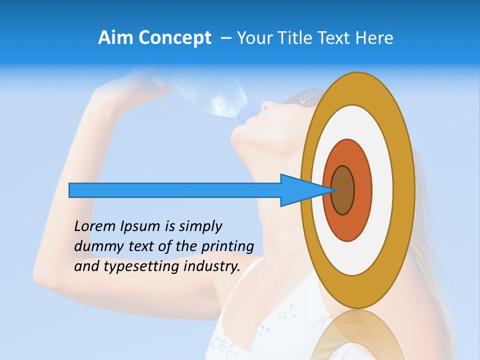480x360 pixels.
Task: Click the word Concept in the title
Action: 174,38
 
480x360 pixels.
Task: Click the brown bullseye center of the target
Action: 343,190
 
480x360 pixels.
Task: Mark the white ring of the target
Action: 382,190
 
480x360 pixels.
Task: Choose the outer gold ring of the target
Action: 404,190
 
